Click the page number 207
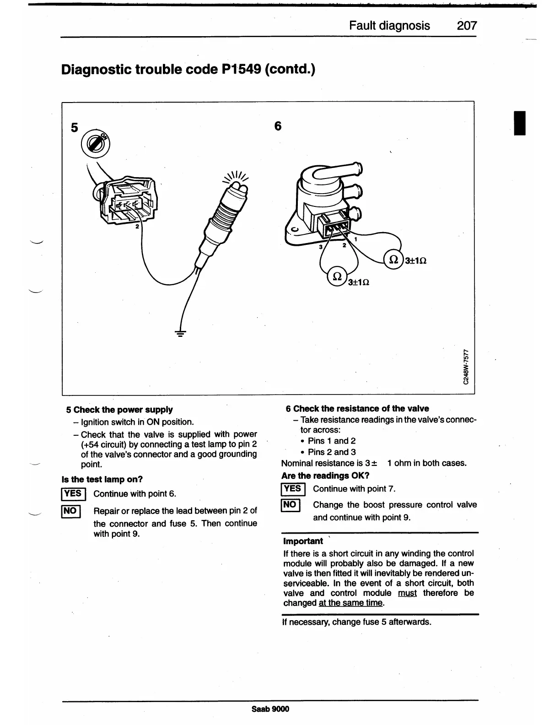(x=467, y=25)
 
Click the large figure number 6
(x=278, y=125)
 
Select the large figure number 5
(x=75, y=127)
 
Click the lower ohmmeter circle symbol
(x=337, y=276)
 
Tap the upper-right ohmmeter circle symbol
(x=393, y=260)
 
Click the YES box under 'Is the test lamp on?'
(x=72, y=493)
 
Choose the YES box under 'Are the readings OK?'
(x=291, y=489)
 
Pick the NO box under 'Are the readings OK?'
(x=290, y=505)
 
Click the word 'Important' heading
(x=303, y=541)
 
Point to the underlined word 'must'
(x=407, y=593)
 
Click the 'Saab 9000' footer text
(x=270, y=709)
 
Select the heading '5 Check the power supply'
(x=119, y=410)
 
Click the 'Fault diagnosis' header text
(x=389, y=25)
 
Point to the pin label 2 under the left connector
(x=136, y=226)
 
